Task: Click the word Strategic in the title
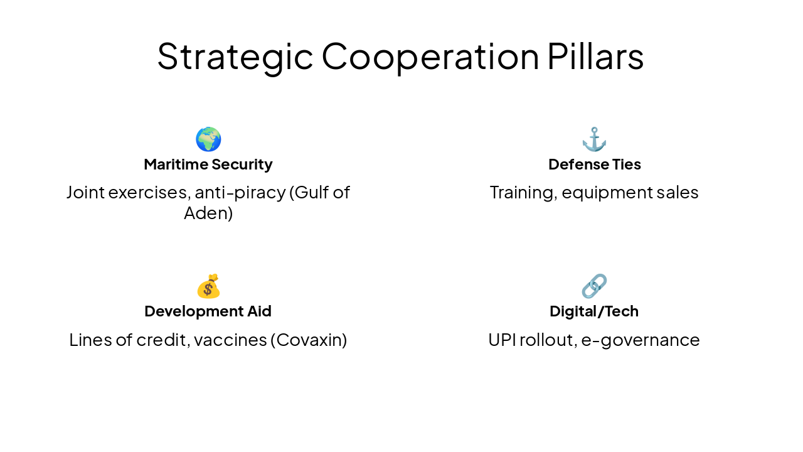pos(235,56)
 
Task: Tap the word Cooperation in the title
pos(430,56)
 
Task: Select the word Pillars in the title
pos(595,56)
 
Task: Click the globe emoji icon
pos(208,139)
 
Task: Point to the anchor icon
pos(594,139)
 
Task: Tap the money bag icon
pos(208,286)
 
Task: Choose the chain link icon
pos(594,286)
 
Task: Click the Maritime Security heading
pos(208,164)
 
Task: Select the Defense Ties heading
pos(594,164)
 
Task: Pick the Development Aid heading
pos(208,311)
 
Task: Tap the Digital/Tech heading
pos(594,311)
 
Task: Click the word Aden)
pos(208,213)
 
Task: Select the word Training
pos(523,192)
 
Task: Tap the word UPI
pos(501,340)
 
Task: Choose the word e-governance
pos(640,340)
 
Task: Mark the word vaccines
pos(230,340)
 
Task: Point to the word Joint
pos(85,192)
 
